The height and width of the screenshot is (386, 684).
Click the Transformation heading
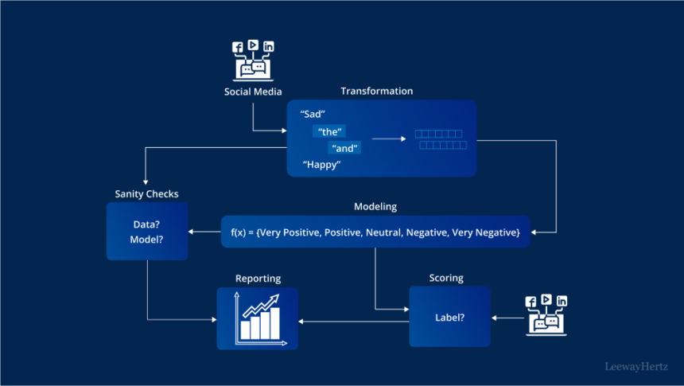pos(376,91)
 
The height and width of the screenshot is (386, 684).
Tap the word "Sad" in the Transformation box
pos(313,114)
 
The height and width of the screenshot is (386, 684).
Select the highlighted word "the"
pos(330,131)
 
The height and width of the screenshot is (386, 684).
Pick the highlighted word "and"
pos(345,148)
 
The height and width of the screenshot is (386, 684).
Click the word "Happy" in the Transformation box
pos(321,165)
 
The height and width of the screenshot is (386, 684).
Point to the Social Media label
pos(252,92)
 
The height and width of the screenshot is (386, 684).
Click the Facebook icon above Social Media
pos(237,48)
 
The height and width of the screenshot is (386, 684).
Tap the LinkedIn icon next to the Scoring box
pos(562,301)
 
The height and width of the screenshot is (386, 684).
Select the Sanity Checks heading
pos(146,193)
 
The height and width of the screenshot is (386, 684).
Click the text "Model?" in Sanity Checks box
pos(146,239)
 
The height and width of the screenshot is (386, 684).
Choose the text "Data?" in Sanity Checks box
pos(146,223)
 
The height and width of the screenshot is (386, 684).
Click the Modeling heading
pos(375,207)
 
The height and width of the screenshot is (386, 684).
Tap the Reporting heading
pos(258,279)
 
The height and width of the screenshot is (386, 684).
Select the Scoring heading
pos(445,279)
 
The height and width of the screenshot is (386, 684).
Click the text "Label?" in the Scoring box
pos(449,318)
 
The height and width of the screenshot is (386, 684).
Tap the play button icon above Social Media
pos(253,45)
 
